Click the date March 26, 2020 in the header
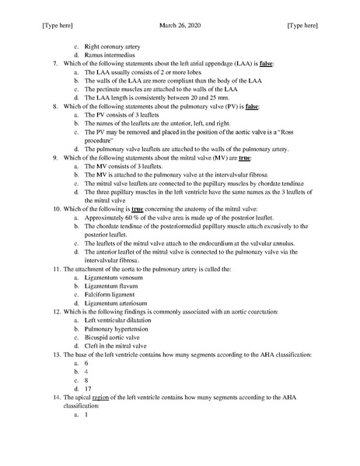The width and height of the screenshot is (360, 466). pyautogui.click(x=180, y=26)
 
